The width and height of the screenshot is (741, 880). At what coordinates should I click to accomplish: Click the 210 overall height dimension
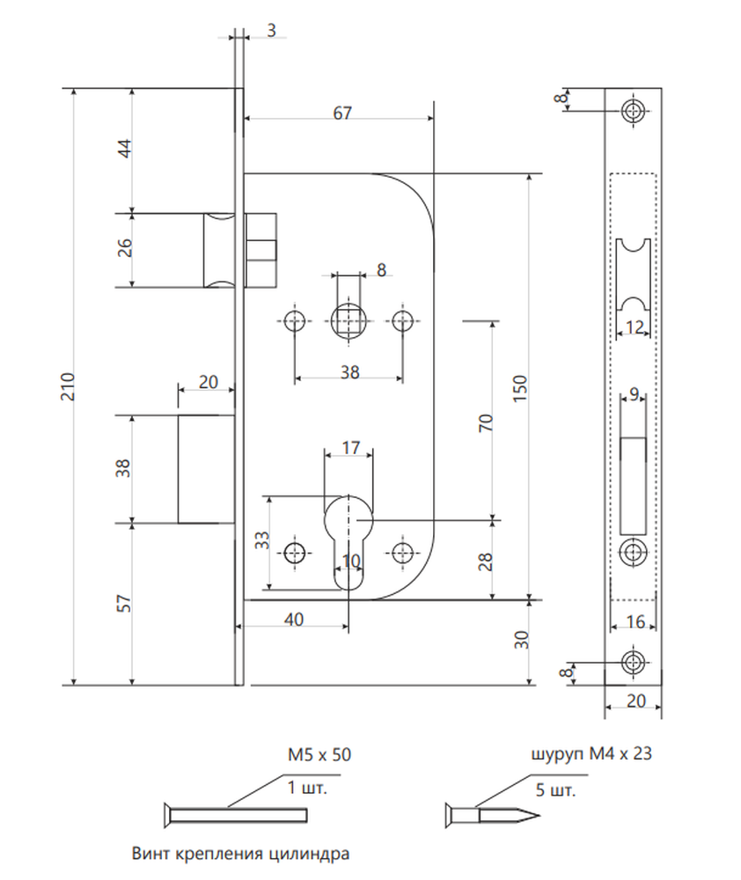pyautogui.click(x=68, y=386)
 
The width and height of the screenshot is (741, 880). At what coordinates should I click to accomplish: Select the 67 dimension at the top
pyautogui.click(x=341, y=113)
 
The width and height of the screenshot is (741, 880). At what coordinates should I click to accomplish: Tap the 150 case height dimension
pyautogui.click(x=520, y=388)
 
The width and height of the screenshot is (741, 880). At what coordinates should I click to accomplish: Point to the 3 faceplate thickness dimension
pyautogui.click(x=272, y=30)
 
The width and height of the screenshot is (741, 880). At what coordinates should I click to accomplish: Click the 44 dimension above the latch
pyautogui.click(x=125, y=148)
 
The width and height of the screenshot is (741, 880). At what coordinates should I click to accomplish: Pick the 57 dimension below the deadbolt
pyautogui.click(x=124, y=604)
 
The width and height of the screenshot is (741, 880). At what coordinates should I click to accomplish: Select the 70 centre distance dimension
pyautogui.click(x=485, y=422)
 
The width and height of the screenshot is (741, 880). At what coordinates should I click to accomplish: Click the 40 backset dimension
pyautogui.click(x=294, y=619)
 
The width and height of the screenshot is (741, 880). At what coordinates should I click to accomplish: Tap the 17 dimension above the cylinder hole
pyautogui.click(x=350, y=448)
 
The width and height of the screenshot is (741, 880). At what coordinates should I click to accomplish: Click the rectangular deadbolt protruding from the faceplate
pyautogui.click(x=206, y=469)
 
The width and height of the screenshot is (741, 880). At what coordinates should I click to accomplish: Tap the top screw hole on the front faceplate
pyautogui.click(x=633, y=111)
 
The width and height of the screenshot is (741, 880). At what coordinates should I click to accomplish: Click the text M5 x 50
pyautogui.click(x=319, y=754)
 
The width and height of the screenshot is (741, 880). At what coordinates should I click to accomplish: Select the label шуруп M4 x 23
pyautogui.click(x=591, y=753)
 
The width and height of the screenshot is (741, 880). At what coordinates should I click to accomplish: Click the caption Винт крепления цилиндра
pyautogui.click(x=240, y=854)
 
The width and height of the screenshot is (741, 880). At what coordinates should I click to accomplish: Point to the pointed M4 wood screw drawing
pyautogui.click(x=492, y=815)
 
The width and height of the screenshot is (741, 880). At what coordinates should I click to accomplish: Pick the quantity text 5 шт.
pyautogui.click(x=556, y=790)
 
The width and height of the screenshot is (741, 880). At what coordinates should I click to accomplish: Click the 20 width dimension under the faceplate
pyautogui.click(x=635, y=701)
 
